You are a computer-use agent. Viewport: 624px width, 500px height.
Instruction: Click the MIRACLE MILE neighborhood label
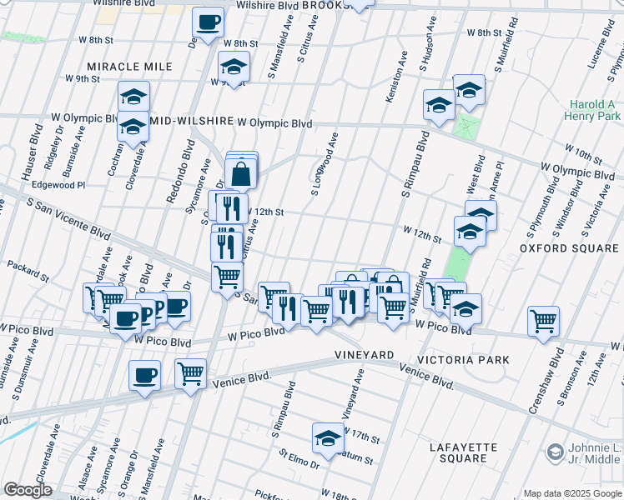(129, 67)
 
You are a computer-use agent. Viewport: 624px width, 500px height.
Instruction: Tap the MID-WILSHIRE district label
(191, 122)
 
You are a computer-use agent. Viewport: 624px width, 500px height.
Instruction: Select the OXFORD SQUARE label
(571, 248)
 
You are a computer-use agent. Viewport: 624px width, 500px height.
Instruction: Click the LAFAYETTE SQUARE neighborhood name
(463, 452)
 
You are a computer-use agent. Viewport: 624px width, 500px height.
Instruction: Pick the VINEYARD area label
(364, 355)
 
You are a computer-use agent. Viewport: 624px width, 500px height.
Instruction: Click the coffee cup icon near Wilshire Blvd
(208, 22)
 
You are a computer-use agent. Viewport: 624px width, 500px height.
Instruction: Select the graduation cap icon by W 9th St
(234, 66)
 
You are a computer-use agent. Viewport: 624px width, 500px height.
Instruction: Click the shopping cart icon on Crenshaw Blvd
(543, 321)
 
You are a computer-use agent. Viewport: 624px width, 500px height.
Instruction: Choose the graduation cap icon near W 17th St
(329, 437)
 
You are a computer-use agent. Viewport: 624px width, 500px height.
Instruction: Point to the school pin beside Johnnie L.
(555, 452)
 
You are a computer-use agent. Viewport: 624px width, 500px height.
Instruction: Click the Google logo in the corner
(28, 490)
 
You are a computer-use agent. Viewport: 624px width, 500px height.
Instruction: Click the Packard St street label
(23, 266)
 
